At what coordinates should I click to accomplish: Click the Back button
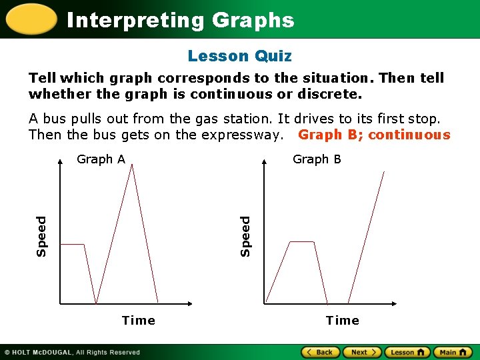(321, 352)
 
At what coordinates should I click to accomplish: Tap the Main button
(453, 352)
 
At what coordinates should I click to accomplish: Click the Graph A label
(101, 159)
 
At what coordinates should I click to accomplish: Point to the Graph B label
(317, 159)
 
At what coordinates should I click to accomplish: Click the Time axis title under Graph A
(139, 321)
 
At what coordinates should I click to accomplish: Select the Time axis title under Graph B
(342, 321)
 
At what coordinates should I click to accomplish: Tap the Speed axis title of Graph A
(42, 235)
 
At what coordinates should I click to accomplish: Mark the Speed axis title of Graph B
(245, 235)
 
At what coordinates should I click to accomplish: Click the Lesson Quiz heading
(239, 57)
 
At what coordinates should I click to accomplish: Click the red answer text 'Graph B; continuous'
(374, 135)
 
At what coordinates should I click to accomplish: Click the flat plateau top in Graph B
(302, 242)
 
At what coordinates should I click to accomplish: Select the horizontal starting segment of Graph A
(73, 245)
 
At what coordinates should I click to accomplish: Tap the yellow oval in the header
(29, 19)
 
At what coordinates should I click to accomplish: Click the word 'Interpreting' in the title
(136, 21)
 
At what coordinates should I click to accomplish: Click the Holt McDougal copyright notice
(73, 352)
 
